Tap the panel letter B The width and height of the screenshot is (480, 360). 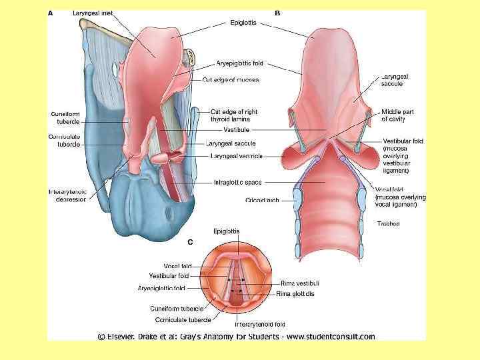tap(277, 13)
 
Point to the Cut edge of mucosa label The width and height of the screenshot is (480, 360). tap(230, 80)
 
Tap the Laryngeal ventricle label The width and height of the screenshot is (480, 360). tap(236, 156)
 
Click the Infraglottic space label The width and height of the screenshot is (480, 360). tap(237, 181)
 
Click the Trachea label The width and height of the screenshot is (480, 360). tap(389, 224)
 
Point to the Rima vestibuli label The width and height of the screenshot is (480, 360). tap(299, 283)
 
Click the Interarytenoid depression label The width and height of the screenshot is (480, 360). tap(67, 195)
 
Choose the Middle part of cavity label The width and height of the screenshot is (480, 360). tap(397, 115)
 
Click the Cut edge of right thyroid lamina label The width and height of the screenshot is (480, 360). tap(234, 115)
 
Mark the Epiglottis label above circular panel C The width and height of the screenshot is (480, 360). tap(226, 231)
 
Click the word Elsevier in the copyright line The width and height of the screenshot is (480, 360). tap(126, 337)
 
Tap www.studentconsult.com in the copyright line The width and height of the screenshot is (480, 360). tap(333, 337)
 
